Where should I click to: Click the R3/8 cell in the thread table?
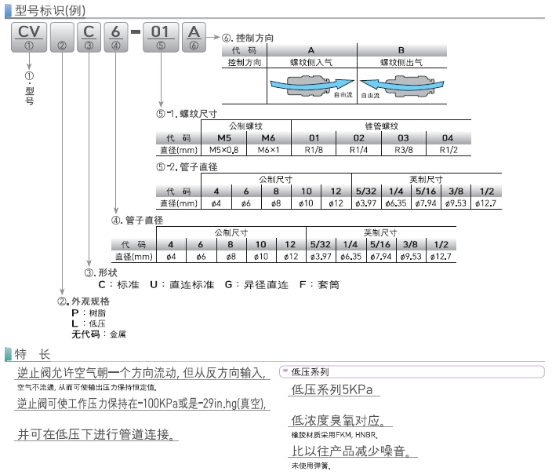pos(401,149)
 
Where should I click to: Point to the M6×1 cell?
pos(271,149)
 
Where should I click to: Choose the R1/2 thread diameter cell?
pos(448,149)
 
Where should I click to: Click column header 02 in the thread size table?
pos(359,137)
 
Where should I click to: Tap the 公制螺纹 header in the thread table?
pos(245,126)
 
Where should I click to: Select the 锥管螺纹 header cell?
pos(381,126)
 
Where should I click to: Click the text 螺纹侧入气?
pos(311,61)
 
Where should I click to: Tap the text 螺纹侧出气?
pos(401,61)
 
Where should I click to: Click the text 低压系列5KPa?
pos(332,389)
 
